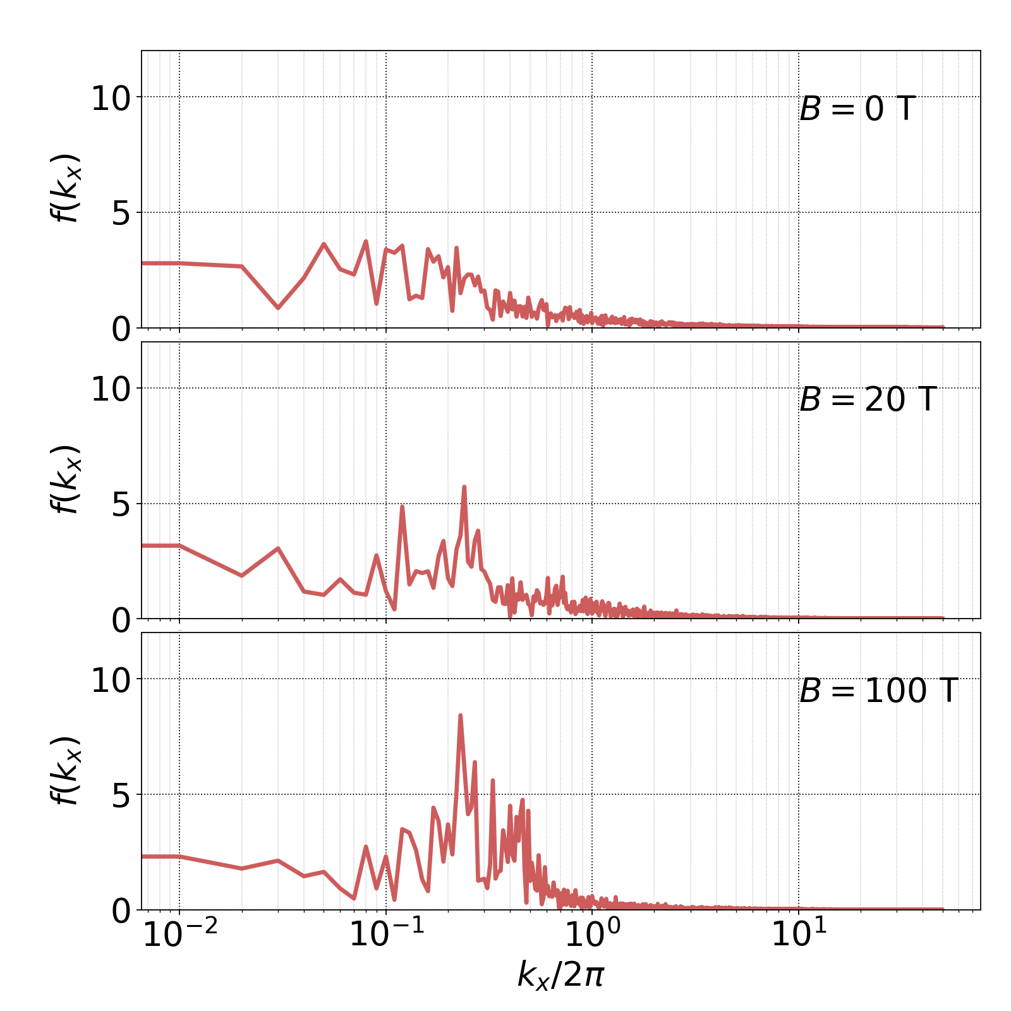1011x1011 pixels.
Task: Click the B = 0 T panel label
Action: pyautogui.click(x=857, y=109)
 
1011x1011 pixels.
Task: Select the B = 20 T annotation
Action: pyautogui.click(x=868, y=400)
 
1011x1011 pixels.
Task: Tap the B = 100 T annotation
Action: pyautogui.click(x=879, y=691)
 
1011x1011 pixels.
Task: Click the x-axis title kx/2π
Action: pyautogui.click(x=561, y=974)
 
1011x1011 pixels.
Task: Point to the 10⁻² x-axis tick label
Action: pyautogui.click(x=180, y=935)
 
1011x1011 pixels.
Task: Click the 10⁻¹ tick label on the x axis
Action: pyautogui.click(x=386, y=935)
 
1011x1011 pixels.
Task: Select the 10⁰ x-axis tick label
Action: pyautogui.click(x=592, y=935)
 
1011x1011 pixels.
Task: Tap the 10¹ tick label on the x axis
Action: pyautogui.click(x=799, y=935)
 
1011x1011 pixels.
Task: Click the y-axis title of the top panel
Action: pyautogui.click(x=66, y=188)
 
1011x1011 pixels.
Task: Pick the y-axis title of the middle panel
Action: pyautogui.click(x=66, y=480)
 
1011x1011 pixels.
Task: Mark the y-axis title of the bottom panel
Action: pyautogui.click(x=66, y=771)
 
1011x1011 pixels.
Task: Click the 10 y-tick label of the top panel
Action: pyautogui.click(x=111, y=99)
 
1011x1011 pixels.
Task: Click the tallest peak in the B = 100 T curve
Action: pyautogui.click(x=460, y=715)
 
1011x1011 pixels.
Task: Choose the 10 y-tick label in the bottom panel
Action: pyautogui.click(x=111, y=681)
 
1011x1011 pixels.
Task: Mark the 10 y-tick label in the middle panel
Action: pyautogui.click(x=111, y=390)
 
